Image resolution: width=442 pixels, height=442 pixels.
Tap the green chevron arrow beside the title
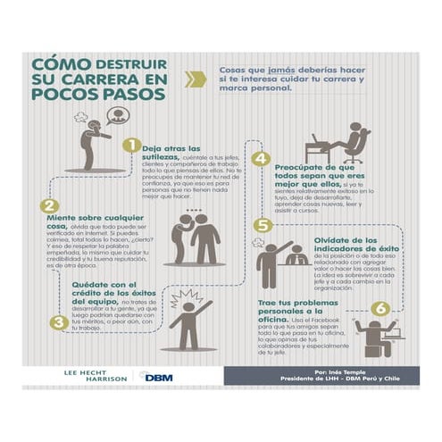(196, 79)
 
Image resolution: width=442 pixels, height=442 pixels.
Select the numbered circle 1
(130, 145)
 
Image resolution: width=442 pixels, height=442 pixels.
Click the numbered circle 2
(52, 205)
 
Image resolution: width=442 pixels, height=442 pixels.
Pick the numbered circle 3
(58, 322)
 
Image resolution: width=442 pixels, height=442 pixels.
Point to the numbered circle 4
(260, 159)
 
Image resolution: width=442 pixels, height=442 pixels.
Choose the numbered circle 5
(262, 225)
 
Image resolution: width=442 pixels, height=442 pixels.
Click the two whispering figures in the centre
(196, 237)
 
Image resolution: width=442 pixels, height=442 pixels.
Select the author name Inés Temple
(342, 369)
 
